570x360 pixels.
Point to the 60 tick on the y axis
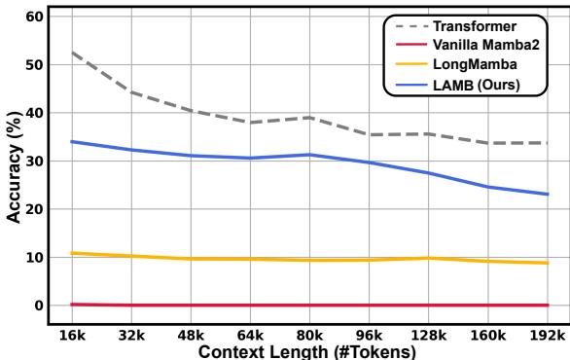37,17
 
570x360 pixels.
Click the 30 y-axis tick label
37,162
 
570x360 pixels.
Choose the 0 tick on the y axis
41,306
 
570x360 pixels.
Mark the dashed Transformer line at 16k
73,53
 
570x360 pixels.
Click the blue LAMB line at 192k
549,194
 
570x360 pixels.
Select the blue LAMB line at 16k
73,141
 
